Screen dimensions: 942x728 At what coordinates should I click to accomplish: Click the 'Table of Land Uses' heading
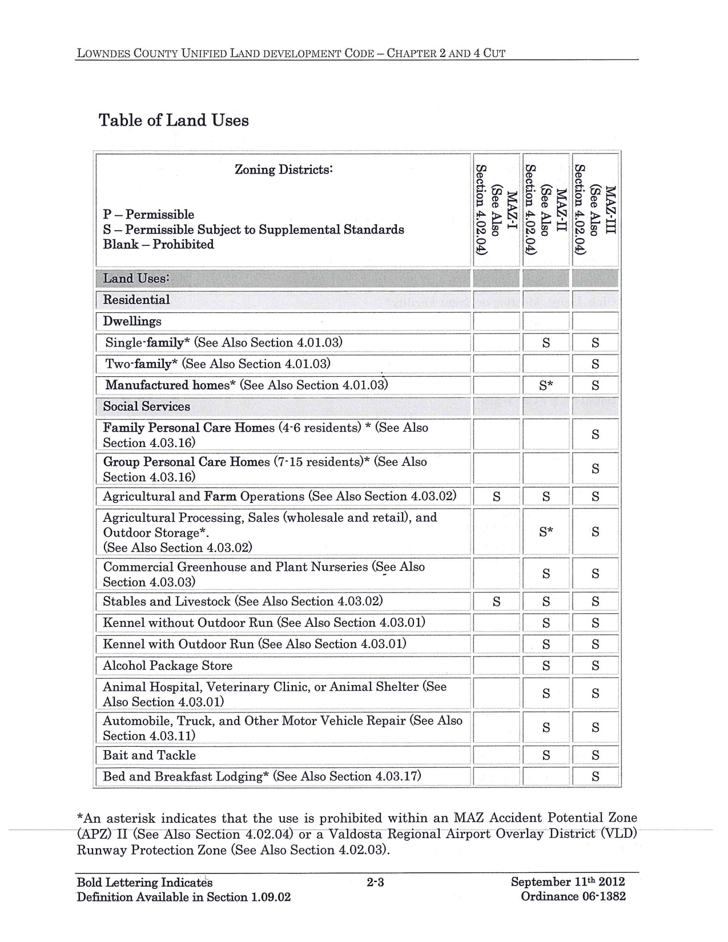(174, 120)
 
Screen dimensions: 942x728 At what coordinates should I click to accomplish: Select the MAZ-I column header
(496, 210)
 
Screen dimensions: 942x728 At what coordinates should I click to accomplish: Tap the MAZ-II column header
(546, 210)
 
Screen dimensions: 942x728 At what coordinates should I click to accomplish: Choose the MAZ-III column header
(595, 210)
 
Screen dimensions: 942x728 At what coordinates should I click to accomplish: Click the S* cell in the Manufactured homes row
(546, 385)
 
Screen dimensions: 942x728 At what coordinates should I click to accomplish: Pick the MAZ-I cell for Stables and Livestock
(496, 601)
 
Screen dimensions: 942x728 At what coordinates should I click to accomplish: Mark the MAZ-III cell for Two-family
(595, 364)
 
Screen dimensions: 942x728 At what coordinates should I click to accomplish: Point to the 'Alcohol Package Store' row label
(167, 666)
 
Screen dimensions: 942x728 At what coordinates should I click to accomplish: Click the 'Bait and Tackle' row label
(149, 755)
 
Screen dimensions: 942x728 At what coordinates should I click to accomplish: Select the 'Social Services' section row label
(146, 406)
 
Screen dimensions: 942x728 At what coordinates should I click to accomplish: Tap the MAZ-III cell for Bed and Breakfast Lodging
(595, 776)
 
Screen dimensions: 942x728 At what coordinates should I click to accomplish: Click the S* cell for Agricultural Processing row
(546, 532)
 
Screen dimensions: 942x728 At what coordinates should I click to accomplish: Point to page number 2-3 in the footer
(375, 883)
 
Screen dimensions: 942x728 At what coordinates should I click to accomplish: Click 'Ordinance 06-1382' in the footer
(573, 896)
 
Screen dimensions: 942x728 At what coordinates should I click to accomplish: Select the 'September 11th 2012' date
(568, 881)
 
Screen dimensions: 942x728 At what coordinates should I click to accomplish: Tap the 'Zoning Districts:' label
(284, 170)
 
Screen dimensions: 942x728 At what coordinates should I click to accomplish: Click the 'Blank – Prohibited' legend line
(158, 244)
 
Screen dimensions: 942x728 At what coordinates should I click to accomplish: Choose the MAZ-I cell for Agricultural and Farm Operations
(496, 497)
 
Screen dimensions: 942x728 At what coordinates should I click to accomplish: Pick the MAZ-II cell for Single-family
(546, 343)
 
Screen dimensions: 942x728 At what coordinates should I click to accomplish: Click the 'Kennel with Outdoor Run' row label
(254, 644)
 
